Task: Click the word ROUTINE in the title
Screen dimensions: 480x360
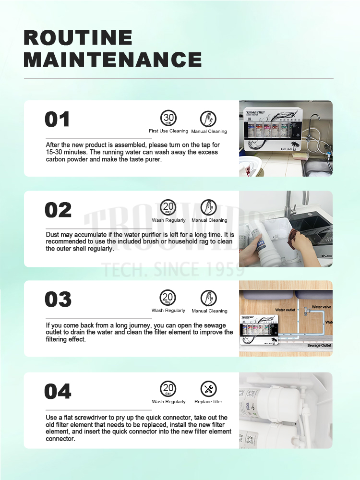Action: point(78,38)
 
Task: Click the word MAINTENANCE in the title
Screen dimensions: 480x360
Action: point(112,60)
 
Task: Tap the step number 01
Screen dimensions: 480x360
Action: point(57,120)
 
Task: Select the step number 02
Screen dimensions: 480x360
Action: point(58,210)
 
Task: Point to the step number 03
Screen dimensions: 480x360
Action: point(58,300)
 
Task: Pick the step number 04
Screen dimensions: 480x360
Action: point(58,391)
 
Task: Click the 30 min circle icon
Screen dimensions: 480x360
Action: point(168,118)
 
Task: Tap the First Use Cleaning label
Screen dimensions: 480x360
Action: point(168,131)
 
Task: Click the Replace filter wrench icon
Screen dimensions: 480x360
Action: point(208,389)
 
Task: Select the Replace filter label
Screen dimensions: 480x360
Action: point(208,402)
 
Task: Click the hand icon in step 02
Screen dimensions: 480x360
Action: point(208,207)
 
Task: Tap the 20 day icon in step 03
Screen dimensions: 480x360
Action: point(168,298)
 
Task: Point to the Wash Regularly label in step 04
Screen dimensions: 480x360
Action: point(168,402)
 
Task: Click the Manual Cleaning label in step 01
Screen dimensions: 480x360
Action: point(209,132)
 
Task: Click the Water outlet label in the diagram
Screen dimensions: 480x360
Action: point(285,310)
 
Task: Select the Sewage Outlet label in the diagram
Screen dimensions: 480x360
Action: point(319,345)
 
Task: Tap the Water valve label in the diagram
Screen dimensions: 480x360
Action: point(322,307)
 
